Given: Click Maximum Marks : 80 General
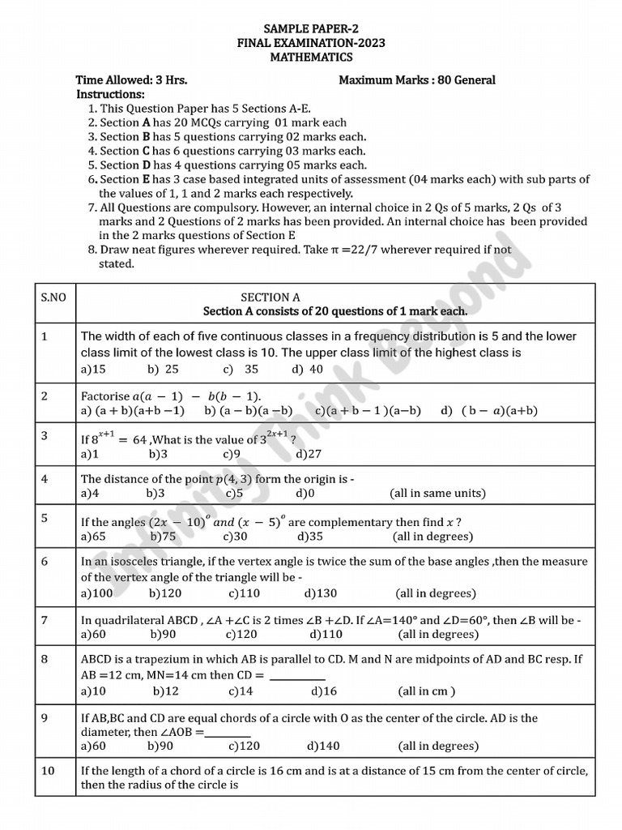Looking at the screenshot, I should point(416,80).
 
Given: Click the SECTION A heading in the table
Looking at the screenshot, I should point(271,297).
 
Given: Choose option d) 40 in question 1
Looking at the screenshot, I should point(307,369).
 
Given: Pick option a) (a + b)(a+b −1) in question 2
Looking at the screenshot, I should point(133,411).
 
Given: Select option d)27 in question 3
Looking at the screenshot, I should point(308,455).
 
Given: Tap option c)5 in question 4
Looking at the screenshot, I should point(234,493).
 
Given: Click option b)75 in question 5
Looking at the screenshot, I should point(162,536).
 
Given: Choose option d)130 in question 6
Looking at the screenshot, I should point(321,593).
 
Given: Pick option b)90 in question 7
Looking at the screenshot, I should point(161,635).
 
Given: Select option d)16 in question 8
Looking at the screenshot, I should point(323,691).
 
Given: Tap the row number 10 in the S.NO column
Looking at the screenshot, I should point(48,770).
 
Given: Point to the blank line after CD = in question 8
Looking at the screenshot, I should point(296,676).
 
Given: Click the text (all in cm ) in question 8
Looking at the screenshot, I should point(426,691).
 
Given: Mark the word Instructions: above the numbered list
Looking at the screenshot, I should point(110,94).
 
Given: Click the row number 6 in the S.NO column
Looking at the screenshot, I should point(45,561).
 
